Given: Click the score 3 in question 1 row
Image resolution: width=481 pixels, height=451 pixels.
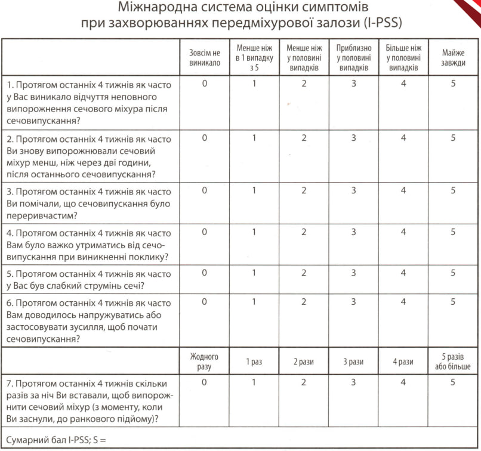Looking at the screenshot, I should coord(354,84).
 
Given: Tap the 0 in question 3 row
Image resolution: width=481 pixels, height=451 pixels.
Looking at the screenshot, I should coord(205,191).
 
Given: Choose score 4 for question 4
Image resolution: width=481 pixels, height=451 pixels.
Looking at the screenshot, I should coord(403,232).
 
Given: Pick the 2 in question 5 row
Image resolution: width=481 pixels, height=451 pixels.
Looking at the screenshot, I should coord(304,273).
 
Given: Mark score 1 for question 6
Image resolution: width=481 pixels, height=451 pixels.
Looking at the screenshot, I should coord(254,302).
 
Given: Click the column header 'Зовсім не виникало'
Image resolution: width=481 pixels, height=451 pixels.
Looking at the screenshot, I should coord(205,58).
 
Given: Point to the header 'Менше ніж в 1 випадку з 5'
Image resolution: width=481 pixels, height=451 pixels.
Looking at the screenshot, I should coord(254,58).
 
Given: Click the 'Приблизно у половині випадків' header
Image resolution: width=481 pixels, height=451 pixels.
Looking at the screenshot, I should coord(354,58).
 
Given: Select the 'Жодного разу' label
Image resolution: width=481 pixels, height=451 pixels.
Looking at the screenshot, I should coord(205,362).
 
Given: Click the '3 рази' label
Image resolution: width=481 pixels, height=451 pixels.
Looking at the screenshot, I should coord(354,362).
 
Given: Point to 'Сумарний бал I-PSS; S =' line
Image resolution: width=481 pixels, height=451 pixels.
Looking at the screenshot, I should coord(60,441).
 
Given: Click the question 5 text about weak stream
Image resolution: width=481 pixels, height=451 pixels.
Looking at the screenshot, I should coord(87,279).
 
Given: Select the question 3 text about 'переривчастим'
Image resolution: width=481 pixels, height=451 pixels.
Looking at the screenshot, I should coord(87,203).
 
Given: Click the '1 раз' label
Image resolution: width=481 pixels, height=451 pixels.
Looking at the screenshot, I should coord(254,362).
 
